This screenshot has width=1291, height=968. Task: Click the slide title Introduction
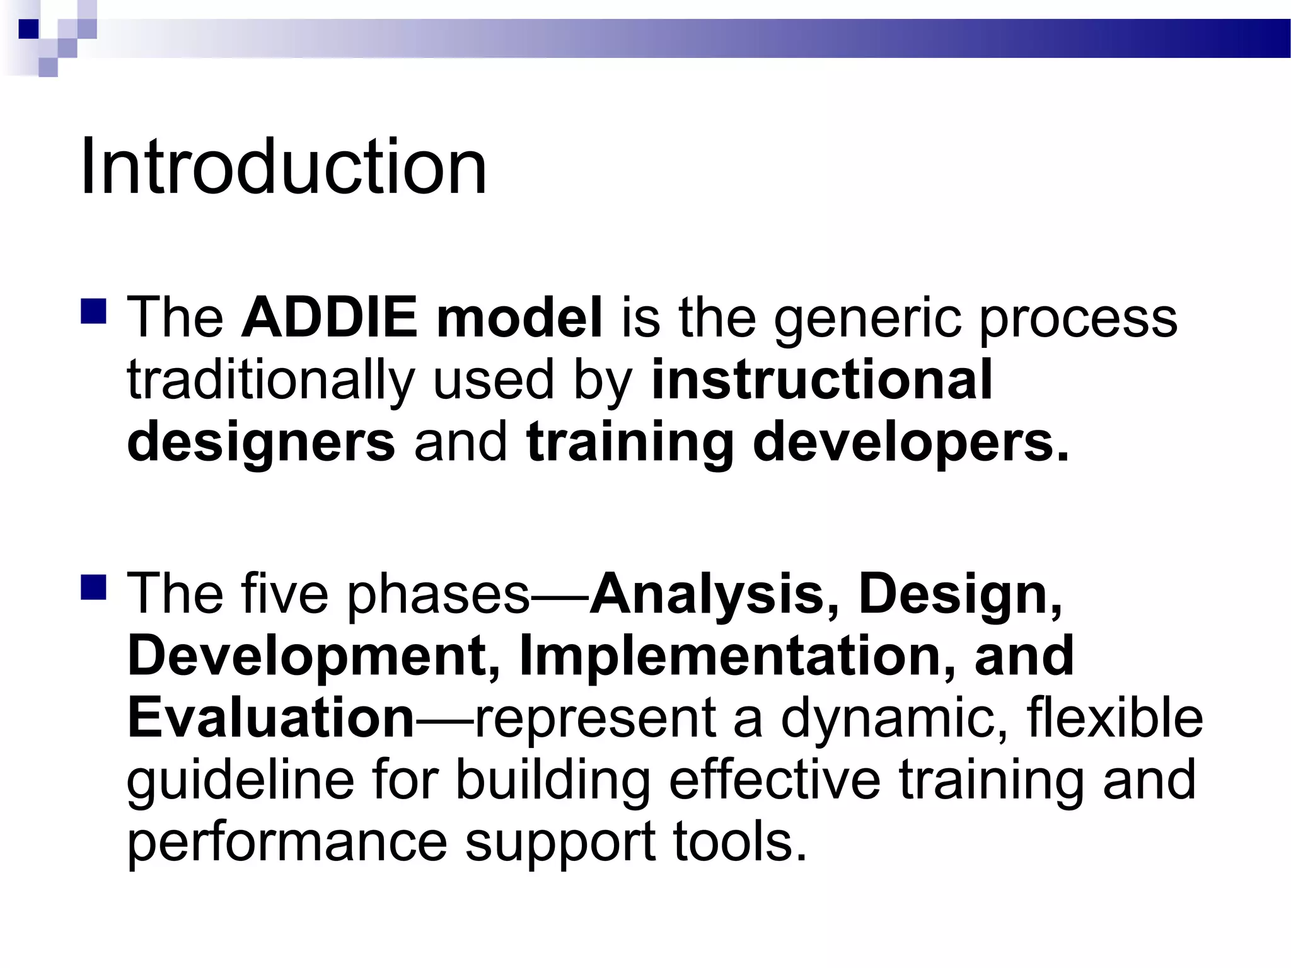283,168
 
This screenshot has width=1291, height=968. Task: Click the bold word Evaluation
271,718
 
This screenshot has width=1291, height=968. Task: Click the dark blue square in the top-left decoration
28,29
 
